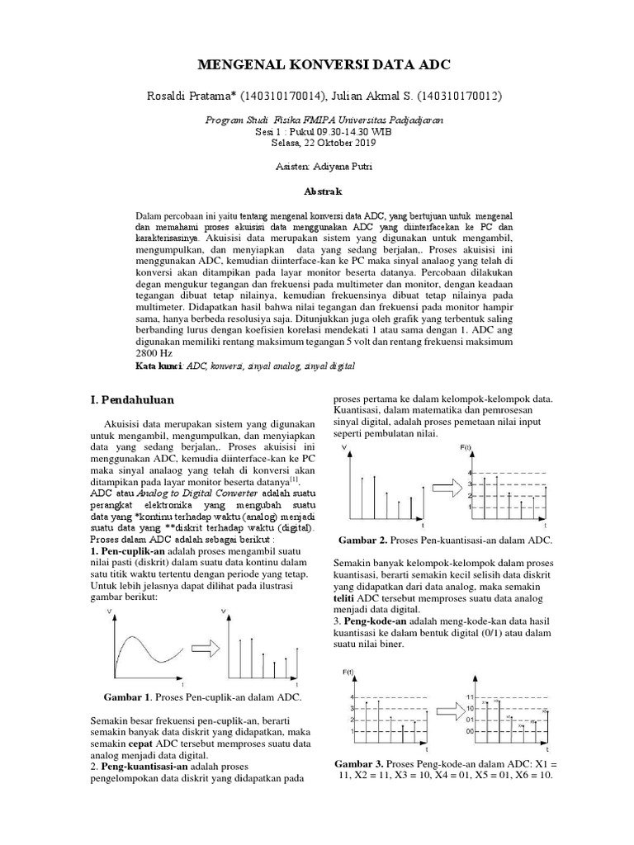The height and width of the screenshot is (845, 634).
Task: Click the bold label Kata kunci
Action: (x=158, y=364)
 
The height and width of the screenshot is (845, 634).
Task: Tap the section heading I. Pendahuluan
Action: (x=131, y=399)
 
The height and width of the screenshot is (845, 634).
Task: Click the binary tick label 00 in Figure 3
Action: (x=469, y=731)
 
